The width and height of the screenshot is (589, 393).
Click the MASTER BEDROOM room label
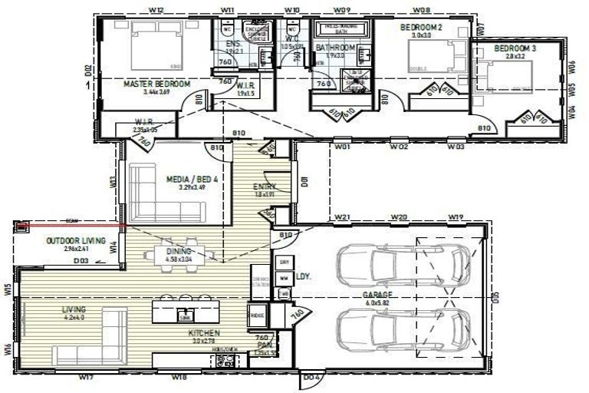pos(156,84)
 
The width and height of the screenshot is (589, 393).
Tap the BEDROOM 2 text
pos(421,27)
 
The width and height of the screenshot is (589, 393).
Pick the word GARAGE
pos(378,294)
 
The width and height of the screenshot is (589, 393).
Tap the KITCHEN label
pos(205,333)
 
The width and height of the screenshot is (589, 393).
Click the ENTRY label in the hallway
pos(264,187)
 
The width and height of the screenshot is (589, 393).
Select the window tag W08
pos(421,9)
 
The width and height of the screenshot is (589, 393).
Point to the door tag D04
pos(311,377)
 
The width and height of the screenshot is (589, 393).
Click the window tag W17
pos(86,377)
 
